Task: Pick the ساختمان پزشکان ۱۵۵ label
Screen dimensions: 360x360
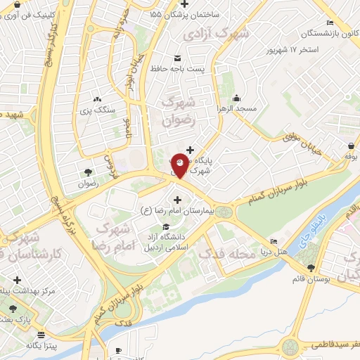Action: tap(184, 14)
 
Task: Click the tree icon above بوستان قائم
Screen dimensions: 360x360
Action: tap(311, 266)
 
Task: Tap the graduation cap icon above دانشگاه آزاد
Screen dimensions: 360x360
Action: tap(165, 226)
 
